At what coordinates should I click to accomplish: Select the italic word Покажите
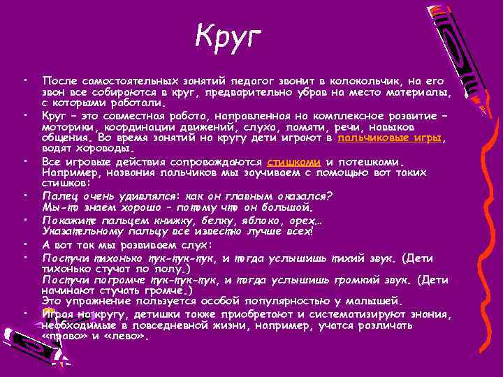pyautogui.click(x=69, y=219)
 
